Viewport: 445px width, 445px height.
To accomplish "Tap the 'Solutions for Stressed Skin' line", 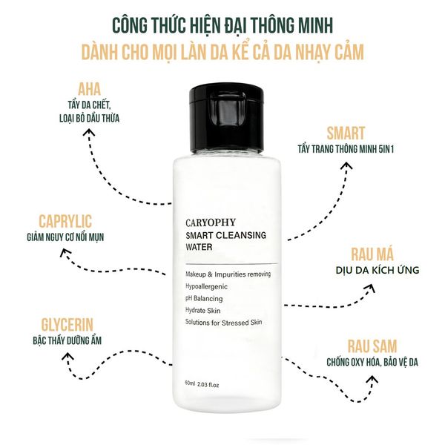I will point(223,322).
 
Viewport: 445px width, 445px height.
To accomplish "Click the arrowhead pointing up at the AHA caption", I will point(90,135).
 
